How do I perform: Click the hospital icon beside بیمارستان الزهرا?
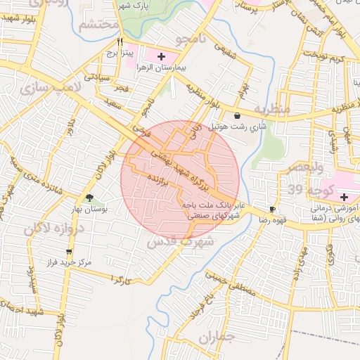click(162, 55)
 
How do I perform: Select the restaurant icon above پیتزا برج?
click(120, 42)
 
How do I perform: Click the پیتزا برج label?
click(120, 53)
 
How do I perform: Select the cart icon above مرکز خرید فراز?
click(68, 251)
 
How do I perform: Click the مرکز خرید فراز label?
click(67, 262)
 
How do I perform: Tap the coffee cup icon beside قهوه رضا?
click(272, 209)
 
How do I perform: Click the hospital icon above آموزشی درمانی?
click(344, 197)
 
